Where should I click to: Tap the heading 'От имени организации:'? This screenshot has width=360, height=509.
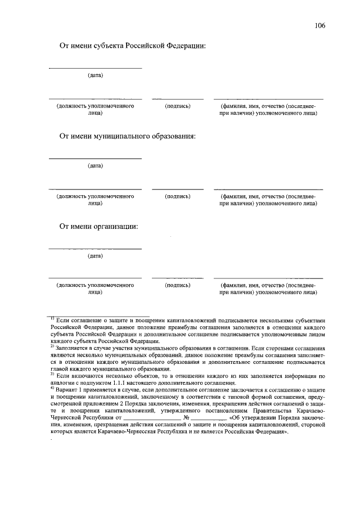pyautogui.click(x=99, y=227)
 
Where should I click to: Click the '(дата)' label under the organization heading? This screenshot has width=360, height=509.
pyautogui.click(x=95, y=256)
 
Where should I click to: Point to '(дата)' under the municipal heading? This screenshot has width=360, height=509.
pyautogui.click(x=95, y=166)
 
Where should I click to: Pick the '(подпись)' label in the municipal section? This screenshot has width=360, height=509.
pyautogui.click(x=178, y=196)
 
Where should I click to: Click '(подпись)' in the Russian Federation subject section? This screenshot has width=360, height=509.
pyautogui.click(x=178, y=106)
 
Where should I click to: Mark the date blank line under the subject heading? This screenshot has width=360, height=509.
pyautogui.click(x=95, y=69)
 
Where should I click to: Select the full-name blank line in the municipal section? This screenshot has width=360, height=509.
pyautogui.click(x=268, y=188)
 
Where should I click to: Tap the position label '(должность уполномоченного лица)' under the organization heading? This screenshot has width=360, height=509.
pyautogui.click(x=95, y=289)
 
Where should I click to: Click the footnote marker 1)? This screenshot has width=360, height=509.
pyautogui.click(x=52, y=319)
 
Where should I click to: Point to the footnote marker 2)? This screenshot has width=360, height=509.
pyautogui.click(x=52, y=346)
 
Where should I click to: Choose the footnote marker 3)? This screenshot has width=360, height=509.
pyautogui.click(x=52, y=374)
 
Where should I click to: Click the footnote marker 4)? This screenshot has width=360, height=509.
pyautogui.click(x=52, y=388)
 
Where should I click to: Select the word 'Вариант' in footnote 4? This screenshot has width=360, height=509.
pyautogui.click(x=66, y=389)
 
